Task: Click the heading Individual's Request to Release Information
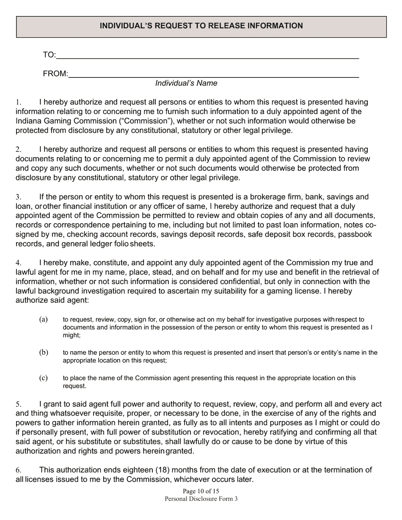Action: pos(201,26)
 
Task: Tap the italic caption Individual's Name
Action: pos(186,83)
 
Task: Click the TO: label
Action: pos(49,55)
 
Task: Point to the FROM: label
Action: pos(55,74)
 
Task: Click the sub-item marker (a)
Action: pos(43,320)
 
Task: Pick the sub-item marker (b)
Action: pos(43,353)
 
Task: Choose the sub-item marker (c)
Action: pos(43,378)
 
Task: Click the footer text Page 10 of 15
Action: pos(201,491)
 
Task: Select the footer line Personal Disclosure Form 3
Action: pos(201,499)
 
